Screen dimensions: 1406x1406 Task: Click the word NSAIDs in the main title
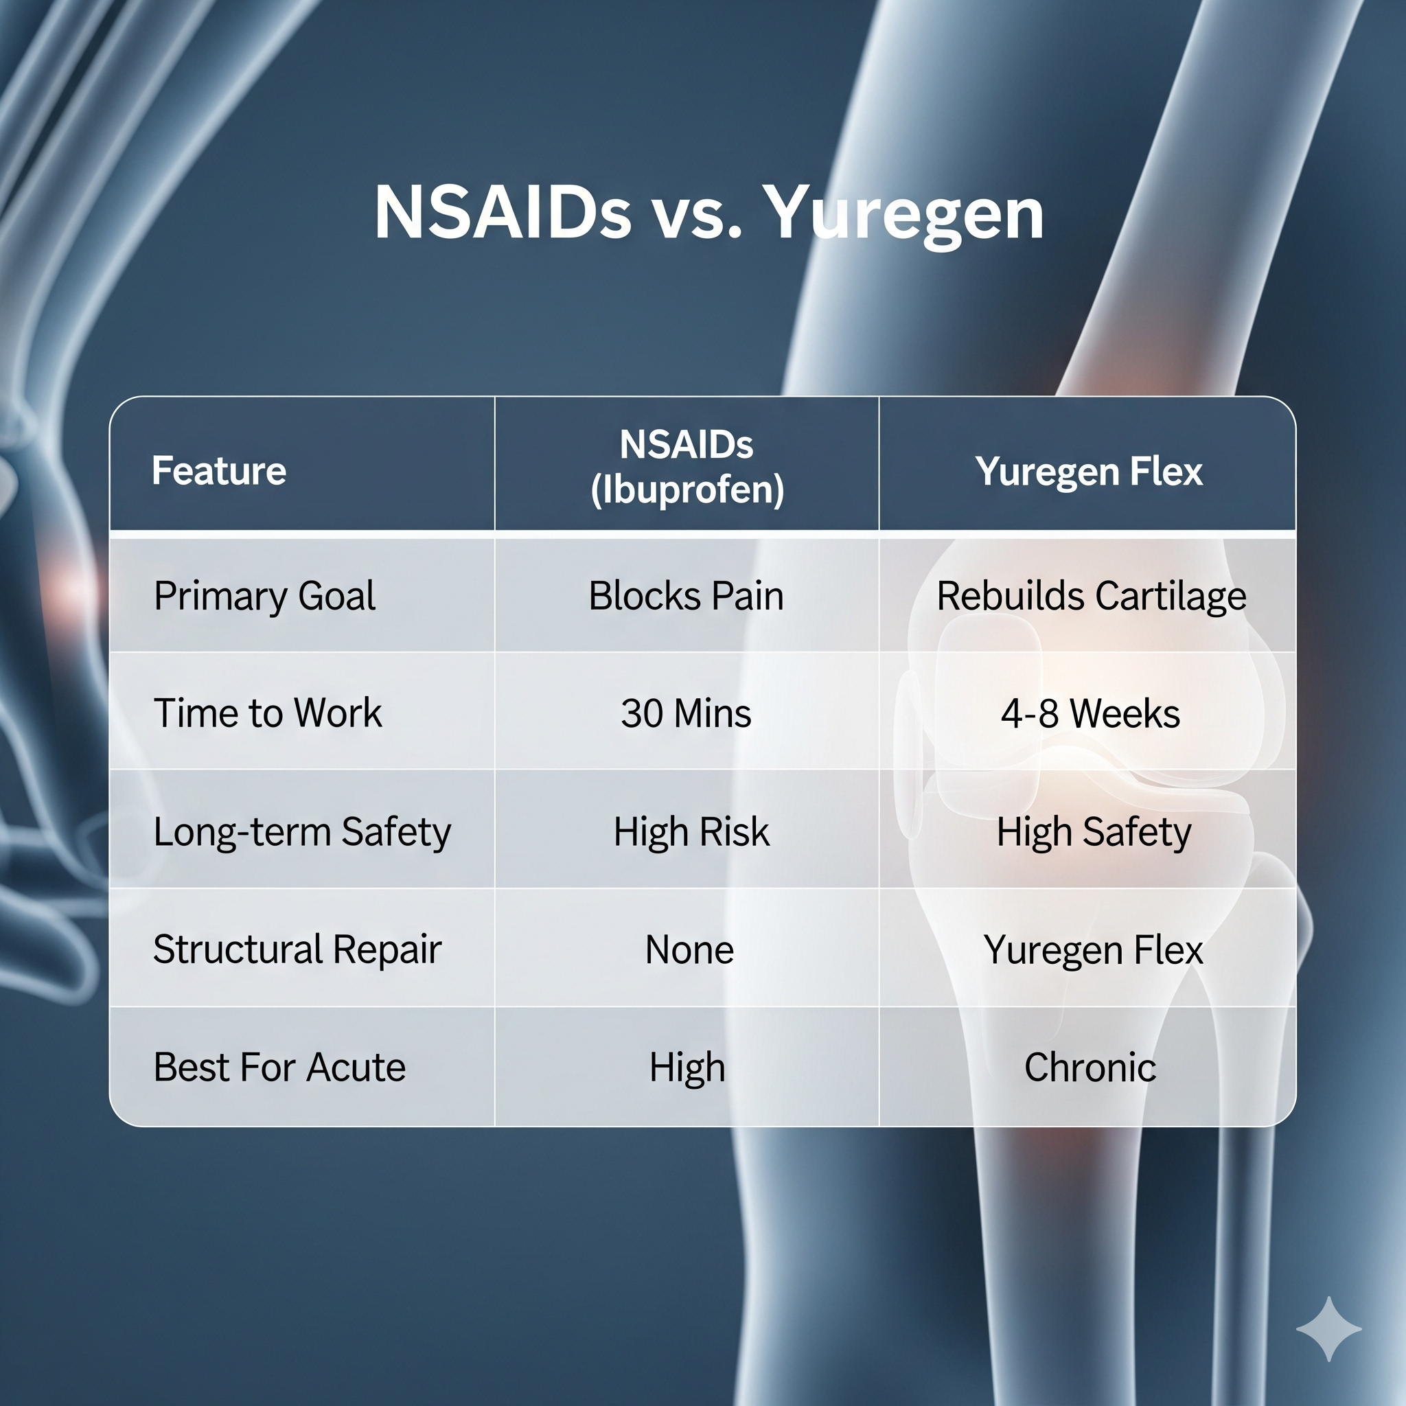tap(502, 214)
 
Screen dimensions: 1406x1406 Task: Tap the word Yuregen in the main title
tap(906, 214)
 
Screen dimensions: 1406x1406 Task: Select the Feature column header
tap(219, 470)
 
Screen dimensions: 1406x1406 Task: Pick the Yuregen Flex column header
tap(1089, 471)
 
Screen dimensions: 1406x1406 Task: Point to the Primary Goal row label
tap(264, 596)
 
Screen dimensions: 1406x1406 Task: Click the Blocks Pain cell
tap(687, 596)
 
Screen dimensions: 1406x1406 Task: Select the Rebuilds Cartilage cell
tap(1091, 596)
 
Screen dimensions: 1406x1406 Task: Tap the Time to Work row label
tap(267, 713)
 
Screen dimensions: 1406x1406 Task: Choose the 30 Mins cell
tap(687, 713)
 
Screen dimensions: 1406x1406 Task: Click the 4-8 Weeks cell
tap(1090, 713)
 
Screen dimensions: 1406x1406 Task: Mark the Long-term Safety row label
tap(302, 831)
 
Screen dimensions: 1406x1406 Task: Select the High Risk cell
tap(691, 831)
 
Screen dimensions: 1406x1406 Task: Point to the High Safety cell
tap(1093, 831)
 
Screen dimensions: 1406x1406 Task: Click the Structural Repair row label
tap(297, 949)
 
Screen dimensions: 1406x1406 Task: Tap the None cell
tap(689, 949)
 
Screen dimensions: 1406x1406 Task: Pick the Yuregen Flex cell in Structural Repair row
tap(1093, 949)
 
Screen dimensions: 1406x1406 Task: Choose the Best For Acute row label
tap(279, 1068)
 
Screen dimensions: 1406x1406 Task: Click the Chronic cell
tap(1090, 1068)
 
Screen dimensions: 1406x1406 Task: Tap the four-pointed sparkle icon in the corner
tap(1329, 1329)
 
